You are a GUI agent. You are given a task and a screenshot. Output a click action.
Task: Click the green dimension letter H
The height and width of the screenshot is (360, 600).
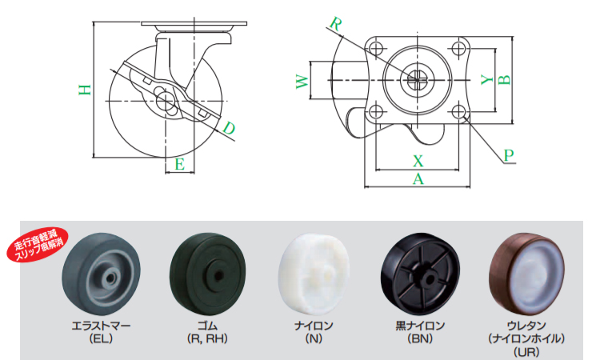coord(85,90)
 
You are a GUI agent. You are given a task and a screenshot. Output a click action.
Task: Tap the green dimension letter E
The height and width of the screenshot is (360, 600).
coord(179,164)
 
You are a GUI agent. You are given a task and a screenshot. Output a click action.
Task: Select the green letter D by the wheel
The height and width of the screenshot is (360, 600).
coord(229,128)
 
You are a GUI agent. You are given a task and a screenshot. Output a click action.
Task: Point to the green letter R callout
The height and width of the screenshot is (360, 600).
coord(335,24)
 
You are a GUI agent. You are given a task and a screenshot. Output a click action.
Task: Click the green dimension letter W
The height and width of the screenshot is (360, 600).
coord(302,82)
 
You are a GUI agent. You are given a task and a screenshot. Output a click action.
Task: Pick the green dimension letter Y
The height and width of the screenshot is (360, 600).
coord(487,79)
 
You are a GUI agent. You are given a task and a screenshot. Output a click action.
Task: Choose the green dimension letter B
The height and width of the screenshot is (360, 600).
coord(504,79)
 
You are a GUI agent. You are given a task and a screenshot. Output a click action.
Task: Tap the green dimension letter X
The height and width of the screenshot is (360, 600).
coord(418,161)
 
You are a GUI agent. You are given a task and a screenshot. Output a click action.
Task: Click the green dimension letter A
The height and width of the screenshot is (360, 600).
coord(418,178)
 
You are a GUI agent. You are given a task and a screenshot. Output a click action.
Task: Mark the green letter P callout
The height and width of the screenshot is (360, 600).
coord(509,155)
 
